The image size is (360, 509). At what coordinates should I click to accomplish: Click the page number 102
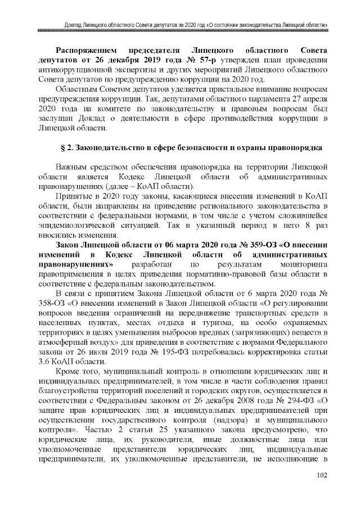point(321,492)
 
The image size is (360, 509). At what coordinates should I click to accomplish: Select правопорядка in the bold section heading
point(294,148)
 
